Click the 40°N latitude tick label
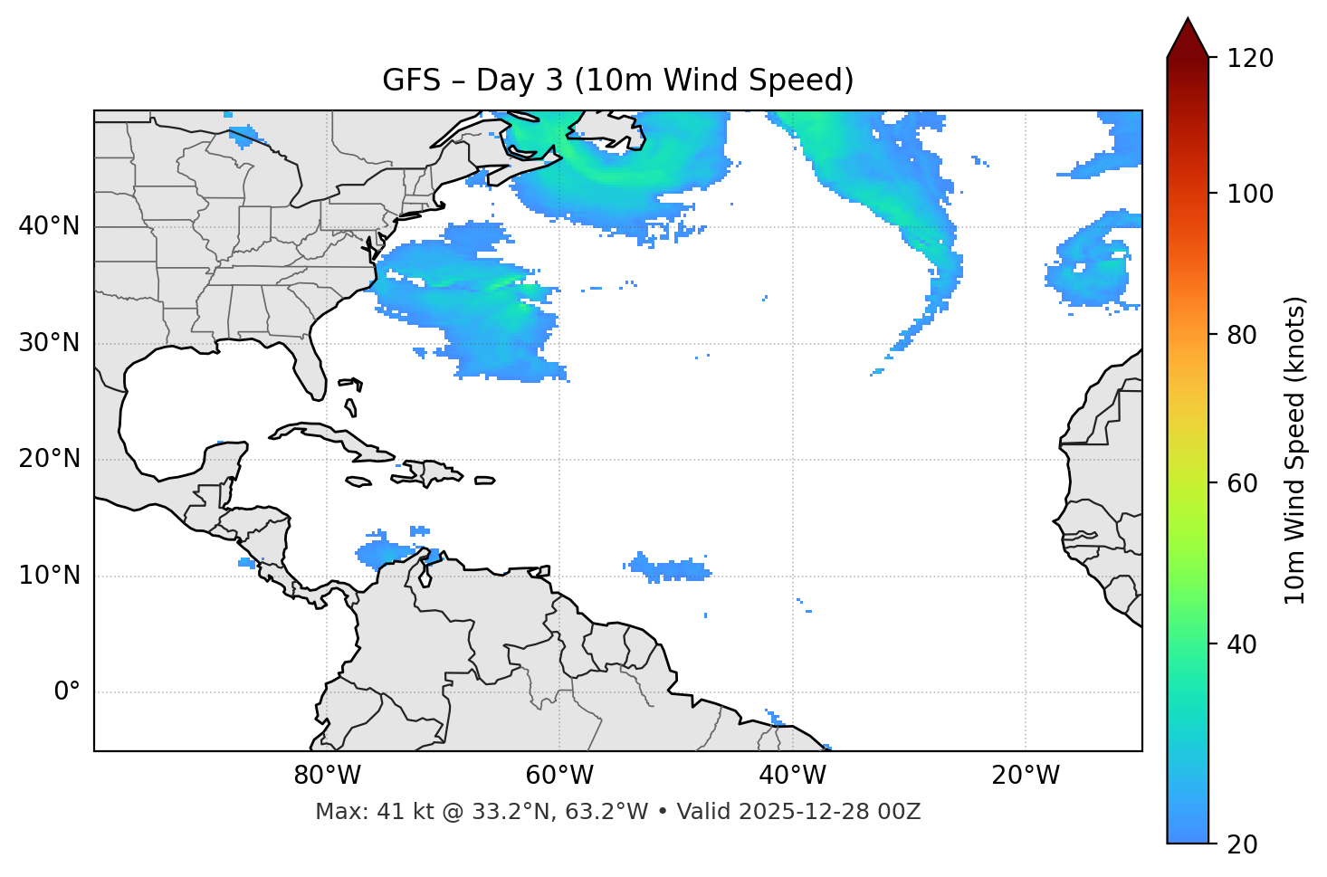click(49, 226)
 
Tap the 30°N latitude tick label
click(49, 343)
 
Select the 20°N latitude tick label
click(49, 459)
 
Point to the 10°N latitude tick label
click(49, 576)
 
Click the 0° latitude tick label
click(67, 692)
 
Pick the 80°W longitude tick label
click(327, 776)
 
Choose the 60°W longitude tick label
click(559, 776)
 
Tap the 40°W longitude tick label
click(792, 776)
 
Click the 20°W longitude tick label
click(1026, 776)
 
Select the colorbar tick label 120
click(1250, 59)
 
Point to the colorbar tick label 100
click(1250, 194)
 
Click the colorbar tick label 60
click(1241, 483)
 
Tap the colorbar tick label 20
click(1241, 844)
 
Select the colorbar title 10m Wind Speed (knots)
click(1295, 451)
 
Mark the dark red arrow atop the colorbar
click(1188, 39)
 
